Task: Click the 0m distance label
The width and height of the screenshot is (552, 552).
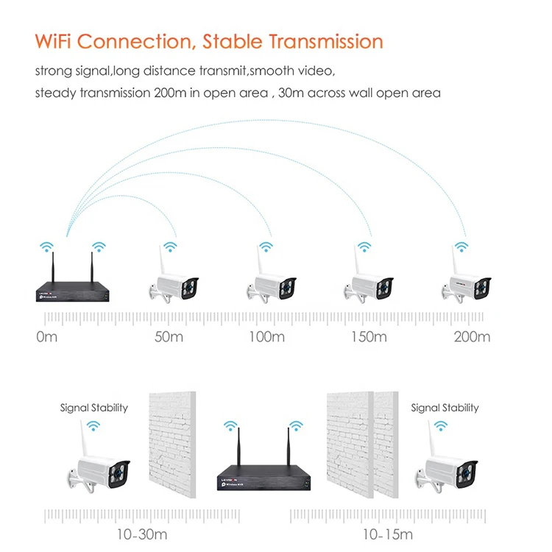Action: point(46,337)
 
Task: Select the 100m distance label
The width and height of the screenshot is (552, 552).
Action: point(267,337)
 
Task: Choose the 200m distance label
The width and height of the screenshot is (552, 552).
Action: point(472,337)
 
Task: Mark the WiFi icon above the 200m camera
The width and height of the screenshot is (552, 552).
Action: point(461,246)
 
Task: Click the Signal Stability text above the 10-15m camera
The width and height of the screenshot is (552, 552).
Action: point(445,408)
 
